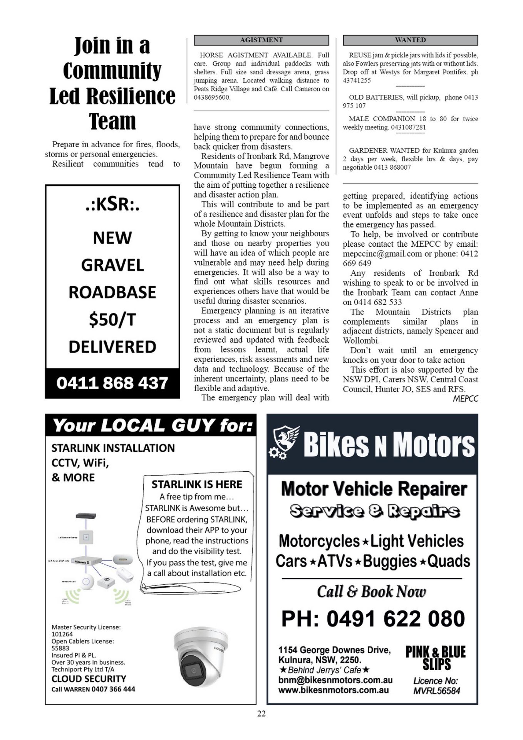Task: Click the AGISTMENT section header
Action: [x=261, y=40]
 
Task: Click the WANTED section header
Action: [x=410, y=40]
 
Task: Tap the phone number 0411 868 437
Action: [x=112, y=383]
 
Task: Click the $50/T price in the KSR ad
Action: [x=112, y=320]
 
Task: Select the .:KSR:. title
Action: [x=112, y=204]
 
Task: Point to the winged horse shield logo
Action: [x=285, y=442]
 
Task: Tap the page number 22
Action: [x=261, y=713]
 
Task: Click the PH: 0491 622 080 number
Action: [x=373, y=619]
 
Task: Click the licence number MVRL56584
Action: [x=436, y=691]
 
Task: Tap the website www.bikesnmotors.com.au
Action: [x=333, y=690]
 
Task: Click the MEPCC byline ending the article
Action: [x=465, y=399]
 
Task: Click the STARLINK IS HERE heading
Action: [x=196, y=484]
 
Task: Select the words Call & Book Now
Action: [x=371, y=592]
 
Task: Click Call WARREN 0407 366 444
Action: [x=93, y=689]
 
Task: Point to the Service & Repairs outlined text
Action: [x=374, y=511]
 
